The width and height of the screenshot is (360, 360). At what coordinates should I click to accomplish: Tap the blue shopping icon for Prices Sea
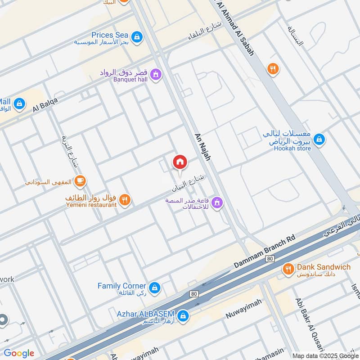point(137,36)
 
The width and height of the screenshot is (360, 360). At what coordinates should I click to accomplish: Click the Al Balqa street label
point(45,105)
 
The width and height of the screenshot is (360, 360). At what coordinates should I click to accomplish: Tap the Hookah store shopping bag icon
point(319,139)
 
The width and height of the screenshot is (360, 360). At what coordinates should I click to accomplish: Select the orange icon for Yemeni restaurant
point(125,200)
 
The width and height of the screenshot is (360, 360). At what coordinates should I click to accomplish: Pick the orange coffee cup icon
point(80,181)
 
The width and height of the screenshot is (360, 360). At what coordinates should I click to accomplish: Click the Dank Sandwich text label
point(323,267)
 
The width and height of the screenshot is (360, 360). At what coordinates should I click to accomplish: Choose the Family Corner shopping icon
point(154,287)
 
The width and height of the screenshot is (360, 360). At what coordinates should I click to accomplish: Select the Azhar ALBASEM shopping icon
point(183,315)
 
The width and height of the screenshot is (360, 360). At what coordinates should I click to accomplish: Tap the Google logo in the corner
point(19,353)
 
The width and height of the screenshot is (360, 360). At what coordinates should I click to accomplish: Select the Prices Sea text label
point(110,35)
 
